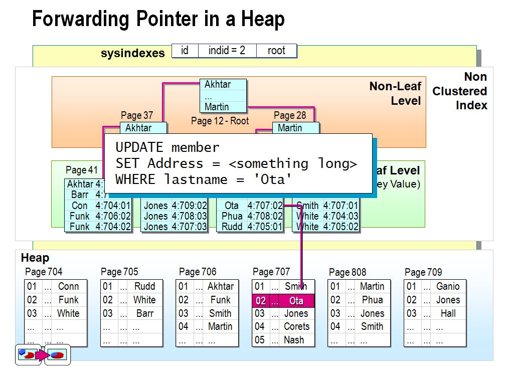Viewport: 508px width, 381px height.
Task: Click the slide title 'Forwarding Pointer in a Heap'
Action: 158,20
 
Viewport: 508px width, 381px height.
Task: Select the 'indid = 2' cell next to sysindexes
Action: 227,51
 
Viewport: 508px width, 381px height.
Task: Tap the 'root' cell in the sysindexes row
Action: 276,51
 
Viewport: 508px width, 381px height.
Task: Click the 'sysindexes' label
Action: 132,53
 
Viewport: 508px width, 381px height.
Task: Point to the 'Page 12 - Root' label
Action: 220,121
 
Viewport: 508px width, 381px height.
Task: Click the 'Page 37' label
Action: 137,116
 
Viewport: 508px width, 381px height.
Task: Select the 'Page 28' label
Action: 290,115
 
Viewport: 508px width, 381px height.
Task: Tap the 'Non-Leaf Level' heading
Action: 395,93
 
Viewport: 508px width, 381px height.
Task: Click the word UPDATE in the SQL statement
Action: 139,147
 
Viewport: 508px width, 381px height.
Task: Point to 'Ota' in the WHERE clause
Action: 273,179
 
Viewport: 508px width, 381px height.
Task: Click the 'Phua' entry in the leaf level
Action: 231,216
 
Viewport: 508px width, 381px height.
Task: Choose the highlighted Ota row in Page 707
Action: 283,301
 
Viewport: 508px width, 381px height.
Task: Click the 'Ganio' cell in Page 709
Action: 447,286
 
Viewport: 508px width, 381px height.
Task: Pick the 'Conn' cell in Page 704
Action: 68,286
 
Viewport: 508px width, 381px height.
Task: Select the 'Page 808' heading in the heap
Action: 348,272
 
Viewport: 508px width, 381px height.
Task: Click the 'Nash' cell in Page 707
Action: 293,339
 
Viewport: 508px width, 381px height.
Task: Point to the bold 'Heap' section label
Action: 35,258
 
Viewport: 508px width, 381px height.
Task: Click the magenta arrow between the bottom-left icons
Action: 42,355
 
